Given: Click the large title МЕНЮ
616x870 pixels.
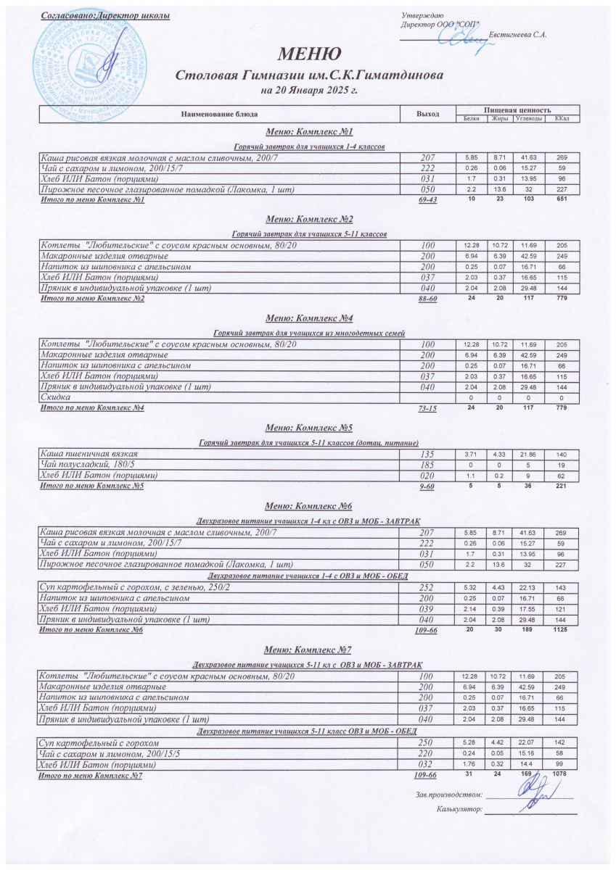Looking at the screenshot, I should [x=308, y=54].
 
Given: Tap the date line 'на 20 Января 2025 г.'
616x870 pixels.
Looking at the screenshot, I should [x=309, y=91].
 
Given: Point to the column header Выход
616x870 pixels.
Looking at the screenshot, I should [x=427, y=114].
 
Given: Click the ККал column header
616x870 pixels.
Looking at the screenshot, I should [x=562, y=118].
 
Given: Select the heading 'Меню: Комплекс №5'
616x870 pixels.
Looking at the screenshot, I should [x=309, y=427].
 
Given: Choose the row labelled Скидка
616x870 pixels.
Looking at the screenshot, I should [x=54, y=397].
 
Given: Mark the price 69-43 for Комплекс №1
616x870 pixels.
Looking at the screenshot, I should [x=427, y=200].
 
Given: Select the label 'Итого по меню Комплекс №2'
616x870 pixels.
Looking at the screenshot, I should [x=91, y=299].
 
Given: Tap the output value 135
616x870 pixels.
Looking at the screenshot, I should [x=427, y=454].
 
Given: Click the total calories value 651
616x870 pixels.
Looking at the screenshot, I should [x=562, y=199].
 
